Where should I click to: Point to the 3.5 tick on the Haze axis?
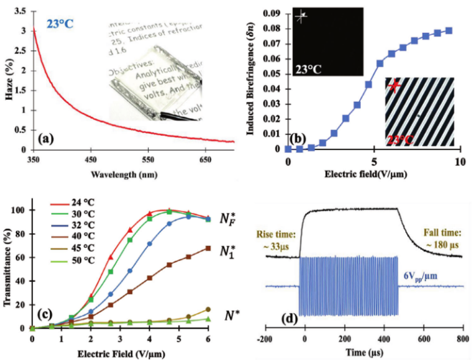19,10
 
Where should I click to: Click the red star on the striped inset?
395,87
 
